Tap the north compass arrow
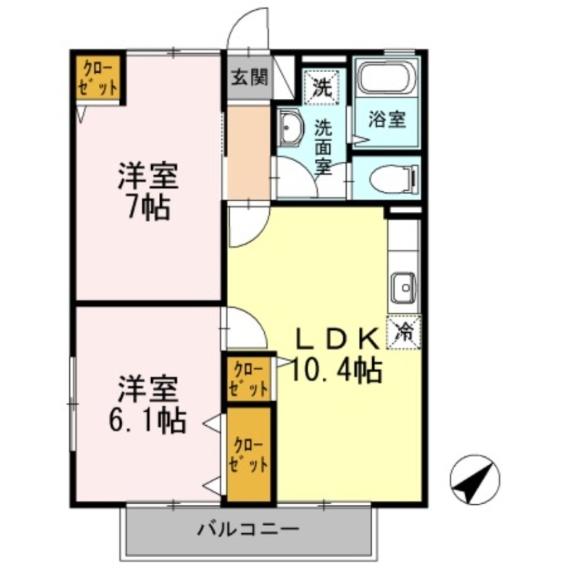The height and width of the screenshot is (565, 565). pos(475,480)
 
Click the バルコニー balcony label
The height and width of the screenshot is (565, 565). pos(249,528)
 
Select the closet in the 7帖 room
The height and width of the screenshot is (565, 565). pos(99,78)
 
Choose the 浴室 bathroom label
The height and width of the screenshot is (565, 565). pos(387,119)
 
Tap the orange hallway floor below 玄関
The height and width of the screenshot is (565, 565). pos(249,152)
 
